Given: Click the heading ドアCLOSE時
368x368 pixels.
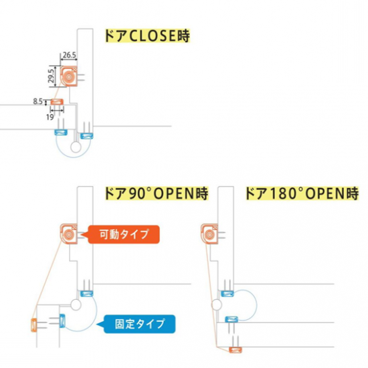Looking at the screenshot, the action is tap(147, 36).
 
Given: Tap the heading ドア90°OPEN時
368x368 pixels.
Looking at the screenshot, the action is tap(157, 193).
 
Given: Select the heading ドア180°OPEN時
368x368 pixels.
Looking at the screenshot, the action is tap(302, 193).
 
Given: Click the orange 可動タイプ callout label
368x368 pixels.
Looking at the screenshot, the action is tap(124, 234).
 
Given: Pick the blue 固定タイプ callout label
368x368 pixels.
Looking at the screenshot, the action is tap(139, 324).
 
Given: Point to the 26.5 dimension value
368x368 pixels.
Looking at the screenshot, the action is tap(69, 55).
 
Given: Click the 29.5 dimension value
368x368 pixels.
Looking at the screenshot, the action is tap(52, 76).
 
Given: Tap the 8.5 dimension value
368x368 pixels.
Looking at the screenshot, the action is tap(37, 102).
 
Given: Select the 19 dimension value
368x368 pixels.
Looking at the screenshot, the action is tap(50, 117).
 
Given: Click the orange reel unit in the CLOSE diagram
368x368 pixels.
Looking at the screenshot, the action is tap(69, 76).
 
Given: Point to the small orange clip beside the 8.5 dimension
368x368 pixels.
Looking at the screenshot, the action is tap(58, 102).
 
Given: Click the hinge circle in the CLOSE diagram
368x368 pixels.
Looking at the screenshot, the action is tap(76, 147).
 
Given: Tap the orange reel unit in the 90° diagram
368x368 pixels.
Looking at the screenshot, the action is tap(69, 234).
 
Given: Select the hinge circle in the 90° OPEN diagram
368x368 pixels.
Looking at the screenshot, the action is tap(76, 305).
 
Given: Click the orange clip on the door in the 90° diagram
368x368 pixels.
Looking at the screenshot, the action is tap(34, 325).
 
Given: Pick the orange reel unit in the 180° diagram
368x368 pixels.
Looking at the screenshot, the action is tap(209, 234).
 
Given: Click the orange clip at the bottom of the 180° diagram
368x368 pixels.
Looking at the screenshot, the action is tap(235, 350).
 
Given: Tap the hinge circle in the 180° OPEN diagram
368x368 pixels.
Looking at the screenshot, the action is tap(216, 305).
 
